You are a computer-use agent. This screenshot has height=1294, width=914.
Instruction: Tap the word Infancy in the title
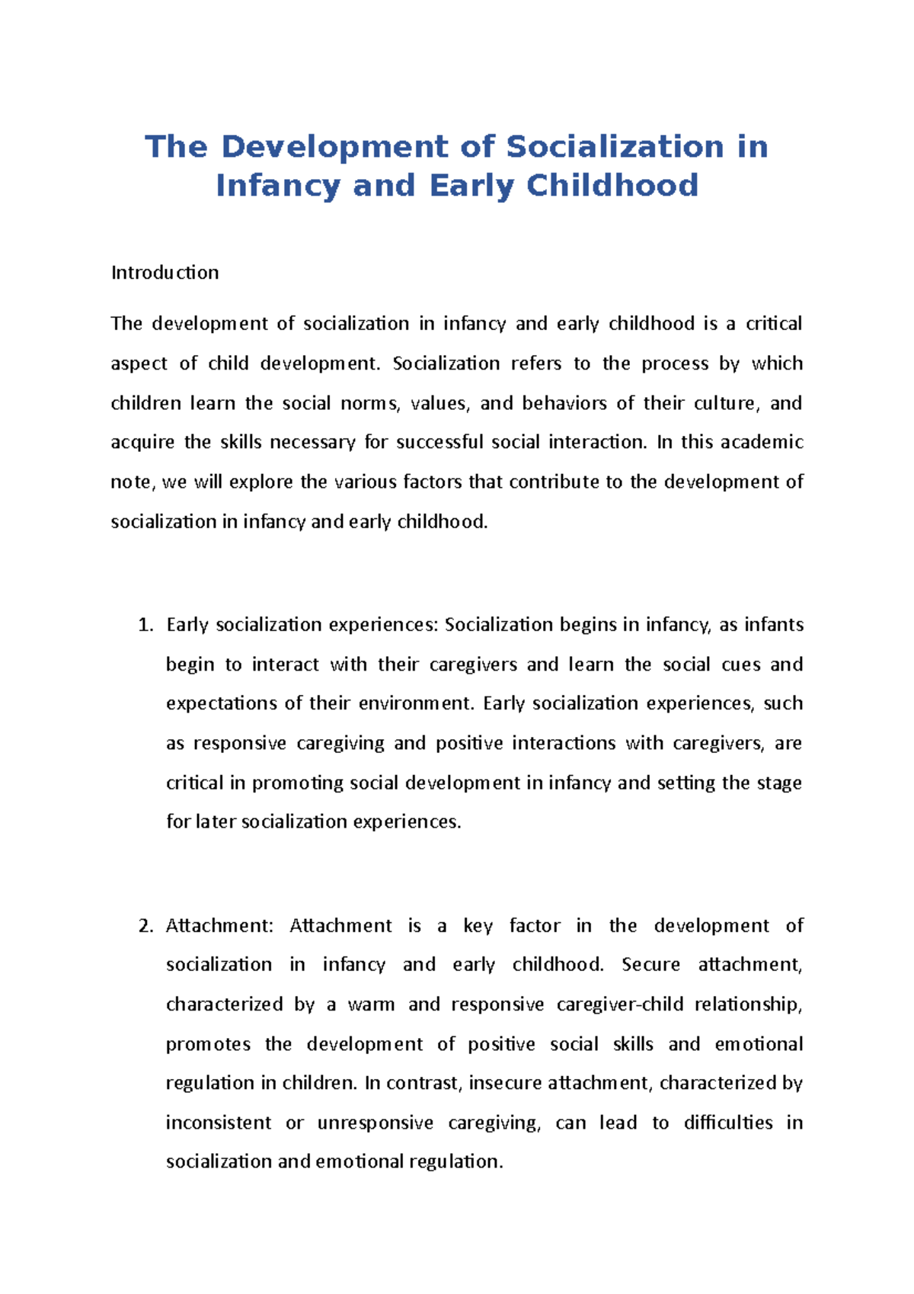pos(277,185)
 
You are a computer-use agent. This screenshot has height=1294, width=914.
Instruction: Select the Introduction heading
pos(165,273)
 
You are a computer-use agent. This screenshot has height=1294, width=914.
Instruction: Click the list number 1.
pos(145,625)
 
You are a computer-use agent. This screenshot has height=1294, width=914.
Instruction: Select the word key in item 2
pos(478,927)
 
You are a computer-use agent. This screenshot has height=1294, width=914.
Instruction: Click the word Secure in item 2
pos(650,965)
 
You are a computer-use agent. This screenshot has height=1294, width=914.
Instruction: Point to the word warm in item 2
pos(371,1004)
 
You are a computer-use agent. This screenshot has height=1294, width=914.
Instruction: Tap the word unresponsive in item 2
pos(375,1123)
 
